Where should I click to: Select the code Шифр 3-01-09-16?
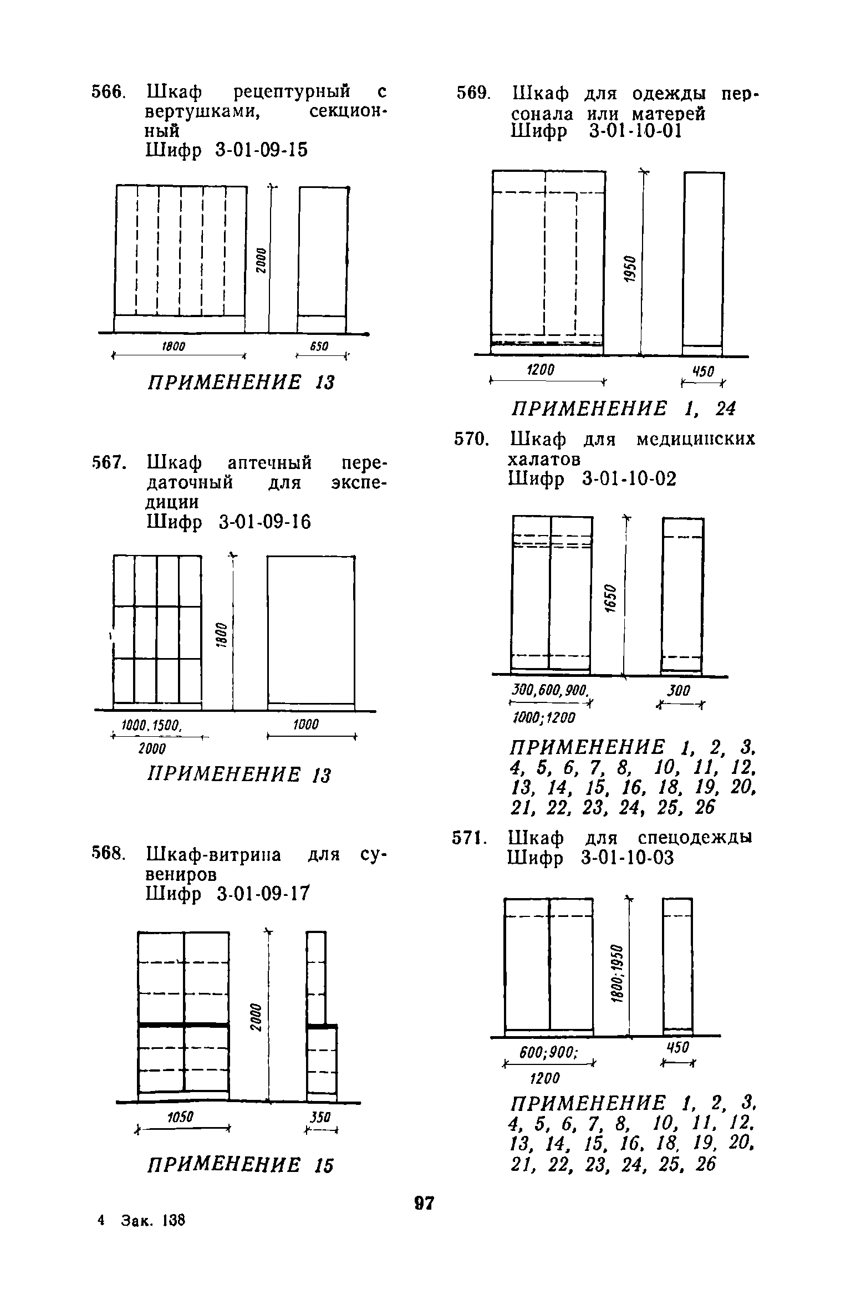click(228, 522)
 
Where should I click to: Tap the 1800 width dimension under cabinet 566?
click(173, 346)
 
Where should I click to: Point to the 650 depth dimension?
click(319, 346)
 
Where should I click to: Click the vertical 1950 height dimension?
click(630, 269)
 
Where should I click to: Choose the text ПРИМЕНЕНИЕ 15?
click(240, 1165)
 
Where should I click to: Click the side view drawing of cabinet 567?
click(311, 632)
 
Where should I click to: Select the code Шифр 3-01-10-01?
click(594, 131)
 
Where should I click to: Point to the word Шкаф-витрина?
click(213, 855)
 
